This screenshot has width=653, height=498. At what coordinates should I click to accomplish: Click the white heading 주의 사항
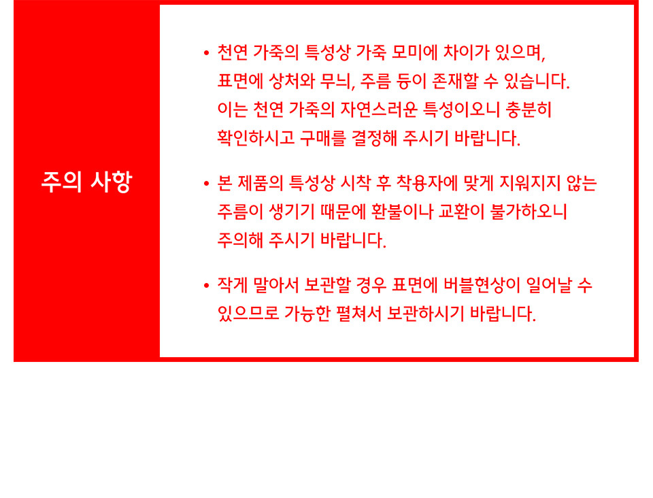pyautogui.click(x=86, y=182)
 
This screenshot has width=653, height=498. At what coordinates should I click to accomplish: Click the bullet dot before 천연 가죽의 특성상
pyautogui.click(x=206, y=53)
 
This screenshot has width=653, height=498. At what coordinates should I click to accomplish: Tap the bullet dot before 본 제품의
pyautogui.click(x=206, y=184)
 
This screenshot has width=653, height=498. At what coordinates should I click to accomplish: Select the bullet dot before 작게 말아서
pyautogui.click(x=206, y=286)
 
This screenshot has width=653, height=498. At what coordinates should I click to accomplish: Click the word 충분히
pyautogui.click(x=529, y=109)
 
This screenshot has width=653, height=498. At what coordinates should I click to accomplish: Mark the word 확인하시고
pyautogui.click(x=256, y=138)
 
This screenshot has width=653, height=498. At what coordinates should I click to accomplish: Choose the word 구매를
pyautogui.click(x=322, y=138)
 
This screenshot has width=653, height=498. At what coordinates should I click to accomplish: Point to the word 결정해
pyautogui.click(x=374, y=138)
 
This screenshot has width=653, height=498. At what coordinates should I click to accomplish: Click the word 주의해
pyautogui.click(x=240, y=240)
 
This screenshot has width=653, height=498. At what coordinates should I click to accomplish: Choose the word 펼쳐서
pyautogui.click(x=358, y=314)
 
